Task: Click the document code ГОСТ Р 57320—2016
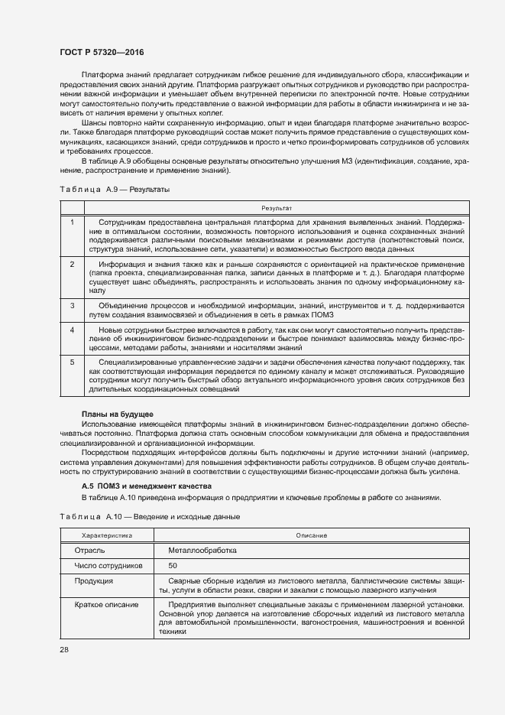pyautogui.click(x=101, y=52)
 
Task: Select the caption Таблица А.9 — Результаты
pyautogui.click(x=115, y=189)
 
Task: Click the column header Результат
pyautogui.click(x=277, y=207)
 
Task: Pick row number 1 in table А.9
pyautogui.click(x=72, y=222)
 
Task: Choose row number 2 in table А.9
pyautogui.click(x=72, y=264)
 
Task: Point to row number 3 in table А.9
pyautogui.click(x=72, y=305)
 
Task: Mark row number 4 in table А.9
pyautogui.click(x=72, y=330)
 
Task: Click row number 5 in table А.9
pyautogui.click(x=72, y=362)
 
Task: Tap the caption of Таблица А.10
pyautogui.click(x=150, y=517)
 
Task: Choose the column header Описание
pyautogui.click(x=311, y=536)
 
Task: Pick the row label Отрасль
pyautogui.click(x=89, y=551)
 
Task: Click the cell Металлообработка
pyautogui.click(x=202, y=551)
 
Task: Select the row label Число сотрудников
pyautogui.click(x=108, y=566)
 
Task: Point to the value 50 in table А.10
pyautogui.click(x=173, y=566)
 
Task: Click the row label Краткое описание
pyautogui.click(x=106, y=605)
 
